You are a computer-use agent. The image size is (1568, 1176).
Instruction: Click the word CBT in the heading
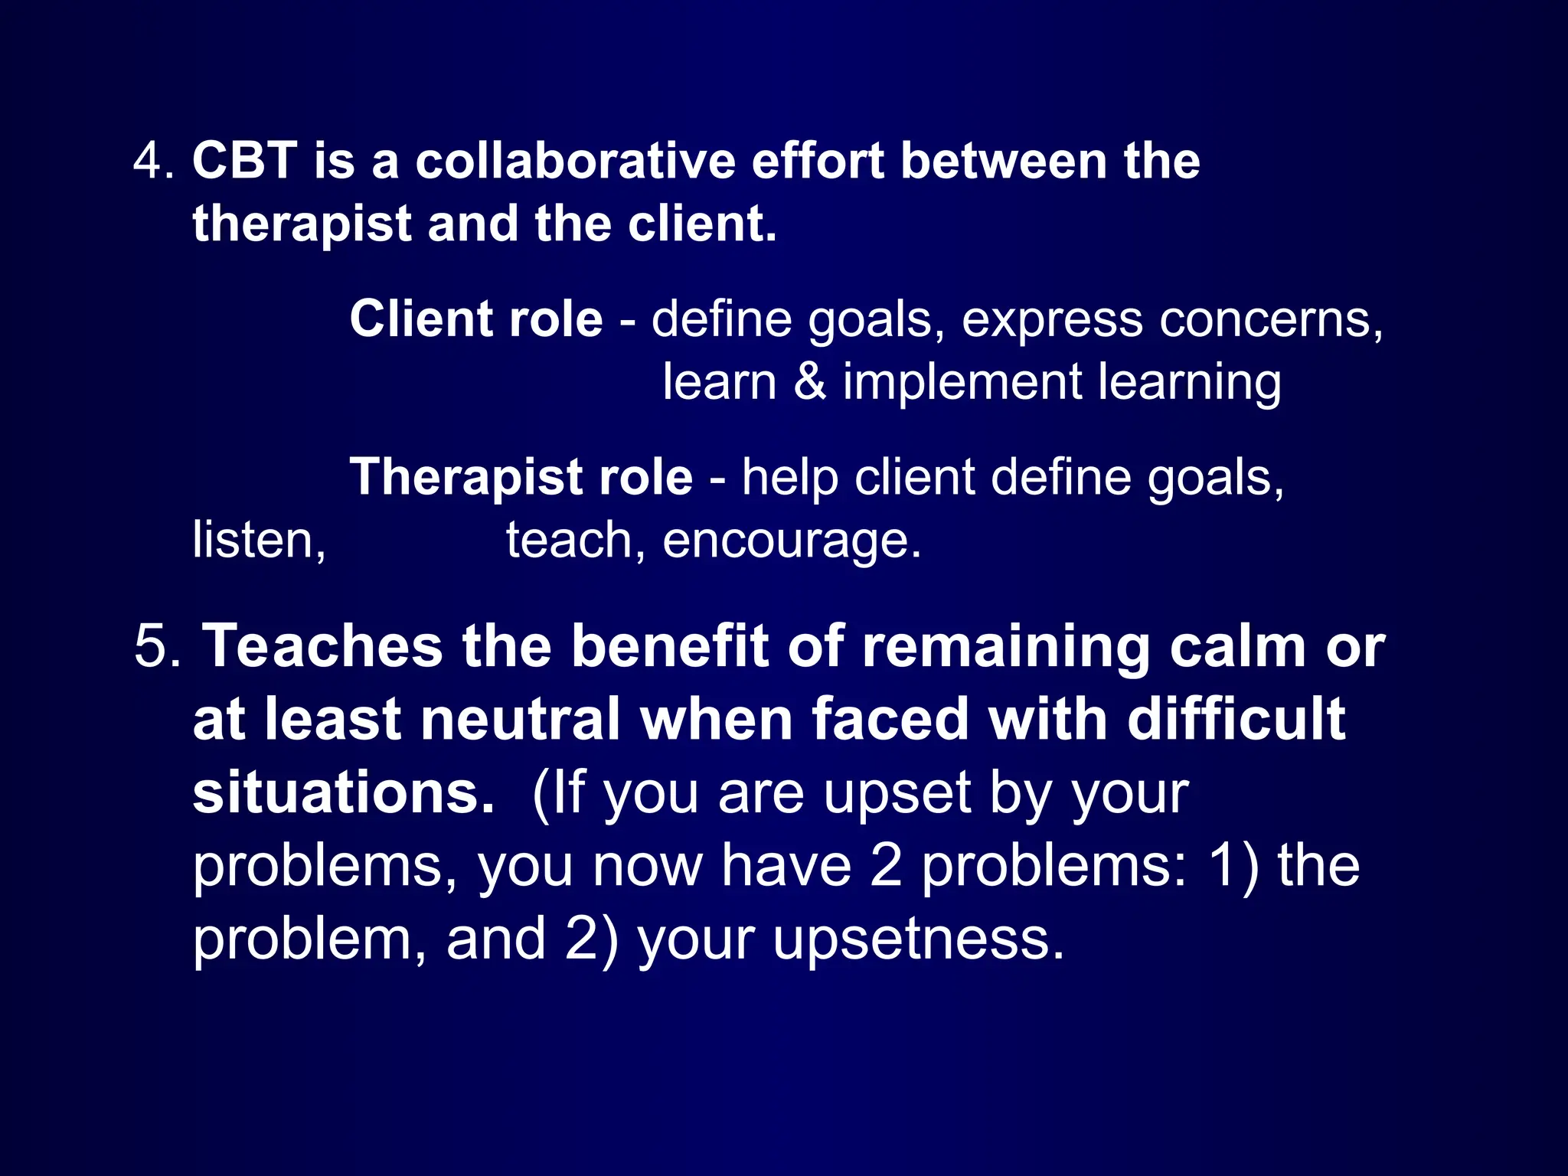coord(244,162)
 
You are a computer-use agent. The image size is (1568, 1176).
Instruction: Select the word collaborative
coord(575,162)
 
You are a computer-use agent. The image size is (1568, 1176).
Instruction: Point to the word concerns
coord(1271,319)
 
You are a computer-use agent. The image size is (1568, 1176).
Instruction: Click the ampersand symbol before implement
coord(810,382)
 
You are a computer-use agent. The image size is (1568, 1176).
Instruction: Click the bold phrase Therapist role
coord(521,478)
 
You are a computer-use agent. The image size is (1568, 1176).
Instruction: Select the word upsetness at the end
coord(918,940)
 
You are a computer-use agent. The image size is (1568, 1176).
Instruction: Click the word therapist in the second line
coord(302,225)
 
